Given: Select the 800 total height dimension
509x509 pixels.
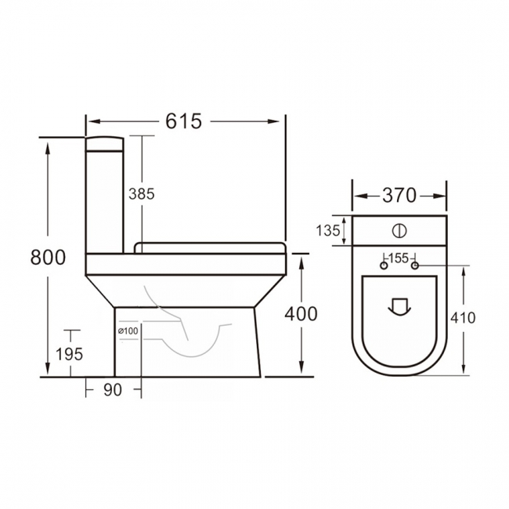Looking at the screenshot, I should coord(49,257).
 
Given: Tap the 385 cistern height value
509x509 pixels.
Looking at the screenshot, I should coord(143,193).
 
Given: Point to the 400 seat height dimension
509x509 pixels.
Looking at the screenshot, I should coord(301,313).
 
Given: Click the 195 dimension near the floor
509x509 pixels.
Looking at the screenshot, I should coord(70,353).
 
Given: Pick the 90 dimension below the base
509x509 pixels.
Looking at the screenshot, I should coord(113,390).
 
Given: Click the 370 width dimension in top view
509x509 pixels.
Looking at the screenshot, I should coord(399,196).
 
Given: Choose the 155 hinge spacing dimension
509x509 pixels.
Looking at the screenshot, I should coord(399,258).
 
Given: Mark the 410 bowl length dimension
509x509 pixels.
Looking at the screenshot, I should coord(464,317).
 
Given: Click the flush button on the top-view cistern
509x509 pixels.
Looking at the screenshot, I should coord(399,231).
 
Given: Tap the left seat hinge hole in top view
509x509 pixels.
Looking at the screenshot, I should coord(384,267).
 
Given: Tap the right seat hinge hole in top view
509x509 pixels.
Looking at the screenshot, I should coord(415,267).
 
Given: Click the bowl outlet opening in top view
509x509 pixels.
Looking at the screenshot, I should coord(399,306).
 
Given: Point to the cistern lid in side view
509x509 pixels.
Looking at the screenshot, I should coord(103,143).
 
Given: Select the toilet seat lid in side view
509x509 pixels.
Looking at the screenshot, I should coord(210,247).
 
